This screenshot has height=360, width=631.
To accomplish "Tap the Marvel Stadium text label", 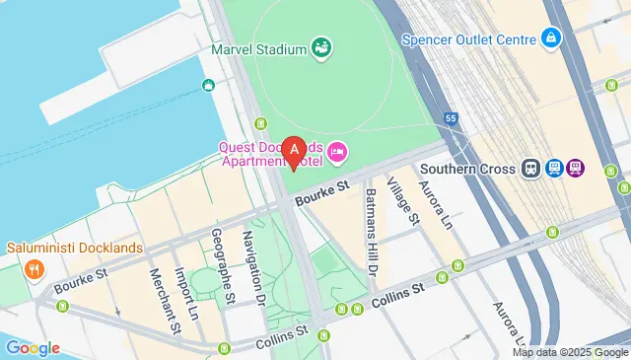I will pyautogui.click(x=258, y=47).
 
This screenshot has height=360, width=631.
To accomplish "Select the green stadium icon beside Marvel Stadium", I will pyautogui.click(x=320, y=46).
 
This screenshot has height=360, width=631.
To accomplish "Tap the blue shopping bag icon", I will pyautogui.click(x=551, y=39).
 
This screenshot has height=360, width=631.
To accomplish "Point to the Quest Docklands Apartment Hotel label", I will pyautogui.click(x=272, y=152).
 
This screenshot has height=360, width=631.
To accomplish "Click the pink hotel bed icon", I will pyautogui.click(x=338, y=151).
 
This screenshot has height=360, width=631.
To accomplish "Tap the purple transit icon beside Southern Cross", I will pyautogui.click(x=575, y=169).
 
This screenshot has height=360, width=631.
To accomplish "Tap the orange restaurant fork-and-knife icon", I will pyautogui.click(x=34, y=267).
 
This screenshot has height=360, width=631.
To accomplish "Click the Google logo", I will pyautogui.click(x=32, y=347).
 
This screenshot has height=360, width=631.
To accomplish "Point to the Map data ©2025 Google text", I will pyautogui.click(x=569, y=352).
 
